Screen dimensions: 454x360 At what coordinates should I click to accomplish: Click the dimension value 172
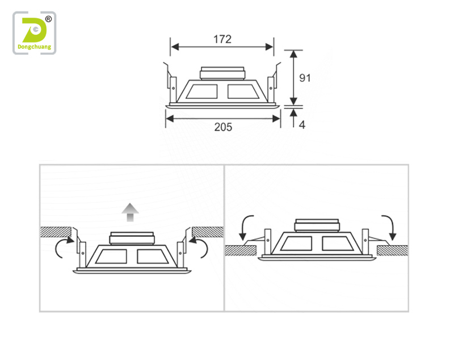coord(222,39)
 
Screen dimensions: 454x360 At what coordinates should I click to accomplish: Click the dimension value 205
coord(223,127)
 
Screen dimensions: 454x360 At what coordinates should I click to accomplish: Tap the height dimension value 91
coord(305,78)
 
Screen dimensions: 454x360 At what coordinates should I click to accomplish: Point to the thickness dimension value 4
coord(302,125)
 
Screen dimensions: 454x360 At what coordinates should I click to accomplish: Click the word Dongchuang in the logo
coord(35,47)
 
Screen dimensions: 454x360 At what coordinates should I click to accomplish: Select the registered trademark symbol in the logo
coord(48,19)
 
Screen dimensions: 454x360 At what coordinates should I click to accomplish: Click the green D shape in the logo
coord(34,30)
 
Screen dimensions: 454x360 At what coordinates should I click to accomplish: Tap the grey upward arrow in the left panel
coord(130,212)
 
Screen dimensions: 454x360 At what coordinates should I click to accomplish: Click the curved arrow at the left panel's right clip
coord(203,247)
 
